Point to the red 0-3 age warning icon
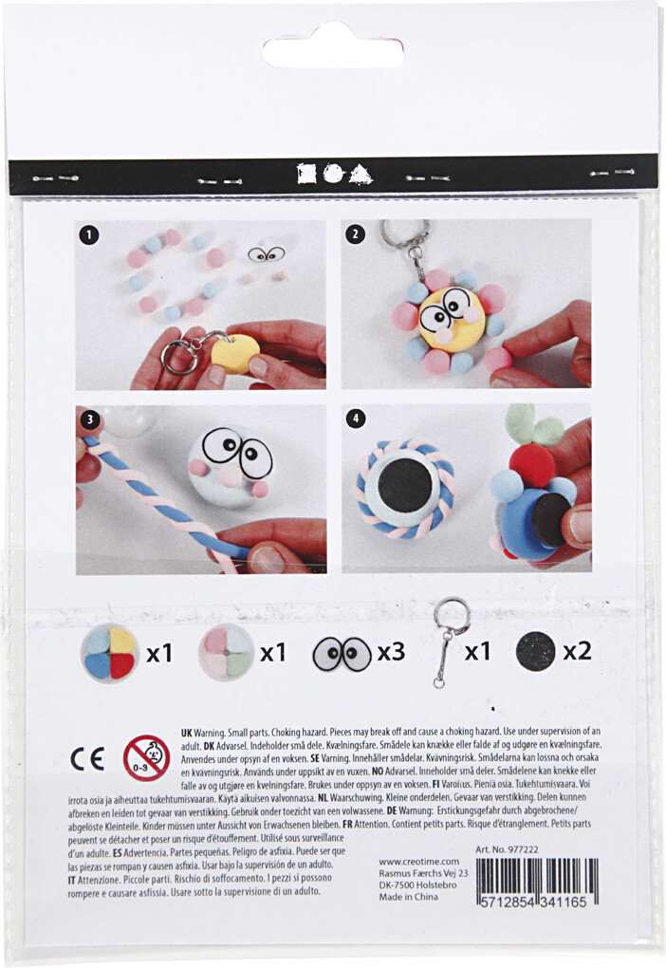[x=146, y=757]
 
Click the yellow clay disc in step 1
[x=235, y=351]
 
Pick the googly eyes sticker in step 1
[x=266, y=254]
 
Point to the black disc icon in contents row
[x=535, y=652]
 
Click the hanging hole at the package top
[x=332, y=47]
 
